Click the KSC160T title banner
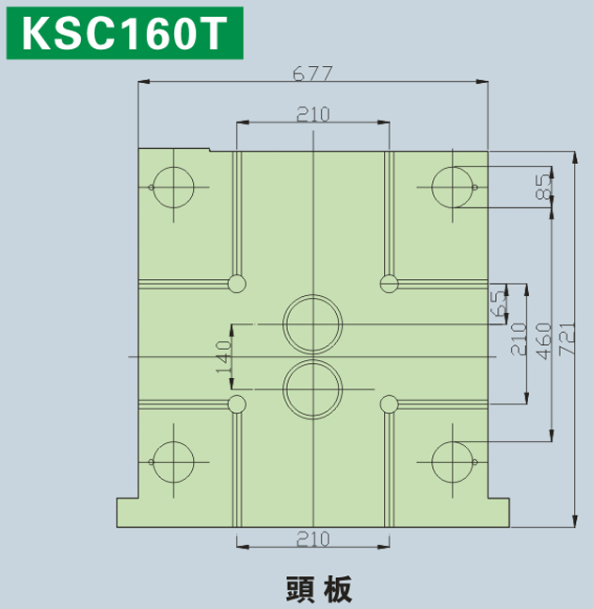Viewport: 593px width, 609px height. [x=125, y=33]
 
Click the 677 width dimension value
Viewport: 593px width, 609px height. [x=313, y=74]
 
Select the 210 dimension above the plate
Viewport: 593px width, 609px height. [x=313, y=114]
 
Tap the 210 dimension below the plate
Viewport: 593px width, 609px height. [x=313, y=538]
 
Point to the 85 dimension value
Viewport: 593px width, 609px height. [x=544, y=187]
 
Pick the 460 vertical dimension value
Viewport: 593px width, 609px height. [x=543, y=341]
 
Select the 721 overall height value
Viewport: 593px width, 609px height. [x=567, y=337]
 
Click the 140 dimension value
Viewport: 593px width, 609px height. [x=223, y=356]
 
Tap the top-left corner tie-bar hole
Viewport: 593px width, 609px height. [x=173, y=188]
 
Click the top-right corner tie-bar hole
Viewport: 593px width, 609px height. [x=452, y=188]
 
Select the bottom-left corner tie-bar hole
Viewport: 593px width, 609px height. [x=173, y=462]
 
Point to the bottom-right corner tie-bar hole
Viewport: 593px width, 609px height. [x=452, y=462]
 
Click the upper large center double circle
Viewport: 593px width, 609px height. [x=313, y=324]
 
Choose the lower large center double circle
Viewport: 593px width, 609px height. [x=313, y=389]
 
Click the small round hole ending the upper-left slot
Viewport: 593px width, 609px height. [x=236, y=284]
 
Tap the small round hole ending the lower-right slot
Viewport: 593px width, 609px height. [x=389, y=404]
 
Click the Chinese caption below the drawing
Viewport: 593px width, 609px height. [x=319, y=589]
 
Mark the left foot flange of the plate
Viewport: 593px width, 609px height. [x=128, y=513]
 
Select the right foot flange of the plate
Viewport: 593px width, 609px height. [x=499, y=513]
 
